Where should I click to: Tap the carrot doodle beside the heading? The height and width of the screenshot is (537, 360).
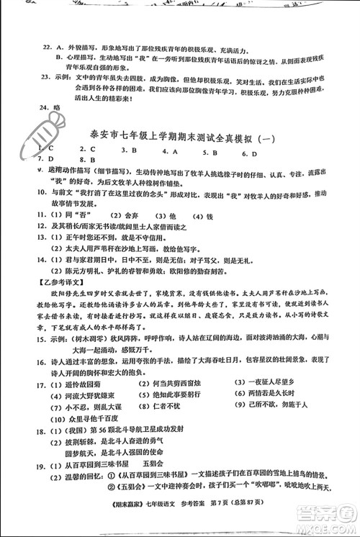pos(63,127)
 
